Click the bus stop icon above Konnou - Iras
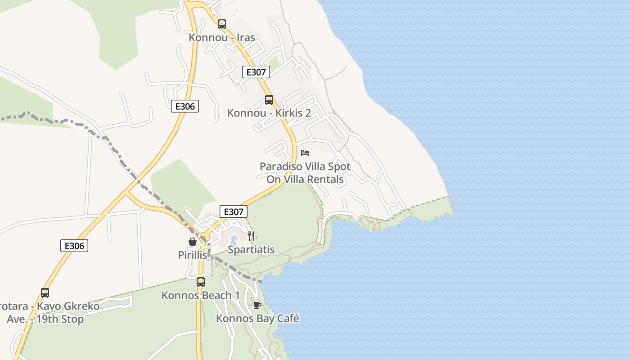click(222, 24)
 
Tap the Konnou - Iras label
click(222, 38)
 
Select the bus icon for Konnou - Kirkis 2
click(269, 100)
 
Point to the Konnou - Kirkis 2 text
click(269, 113)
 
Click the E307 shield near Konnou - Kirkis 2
click(256, 72)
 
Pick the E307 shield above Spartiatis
click(234, 211)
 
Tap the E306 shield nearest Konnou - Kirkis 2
click(185, 106)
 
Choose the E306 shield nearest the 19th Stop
click(74, 246)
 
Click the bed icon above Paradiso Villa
click(305, 153)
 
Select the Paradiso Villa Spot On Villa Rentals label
click(305, 173)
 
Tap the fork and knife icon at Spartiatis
click(251, 236)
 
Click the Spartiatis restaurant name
click(251, 250)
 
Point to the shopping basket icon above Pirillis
click(193, 242)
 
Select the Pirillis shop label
click(193, 255)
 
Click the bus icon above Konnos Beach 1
click(201, 282)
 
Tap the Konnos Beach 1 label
click(201, 296)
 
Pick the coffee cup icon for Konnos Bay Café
click(257, 305)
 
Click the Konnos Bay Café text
click(257, 319)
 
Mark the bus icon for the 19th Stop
click(45, 293)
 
